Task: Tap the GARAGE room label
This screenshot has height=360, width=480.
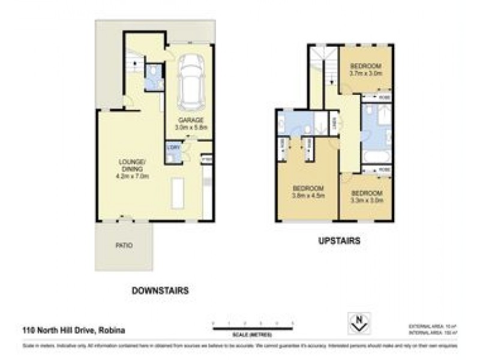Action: pyautogui.click(x=190, y=123)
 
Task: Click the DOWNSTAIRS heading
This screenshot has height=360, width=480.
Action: pyautogui.click(x=160, y=290)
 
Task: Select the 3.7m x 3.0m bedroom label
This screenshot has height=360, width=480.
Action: pyautogui.click(x=366, y=68)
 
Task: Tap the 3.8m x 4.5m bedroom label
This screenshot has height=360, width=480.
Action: pyautogui.click(x=308, y=191)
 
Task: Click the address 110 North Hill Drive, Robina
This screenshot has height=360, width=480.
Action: pyautogui.click(x=72, y=330)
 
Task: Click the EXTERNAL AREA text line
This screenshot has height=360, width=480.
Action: pyautogui.click(x=431, y=325)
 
